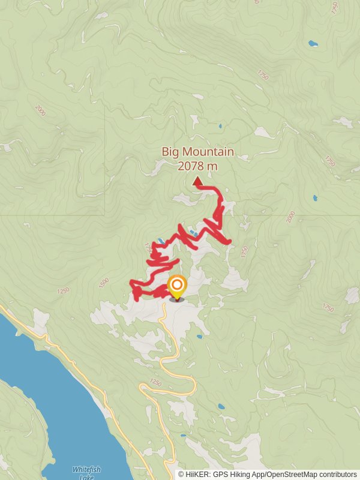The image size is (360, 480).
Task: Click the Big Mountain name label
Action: tap(197, 152)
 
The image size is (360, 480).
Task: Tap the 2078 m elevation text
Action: tap(197, 166)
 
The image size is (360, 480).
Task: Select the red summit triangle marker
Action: tap(197, 181)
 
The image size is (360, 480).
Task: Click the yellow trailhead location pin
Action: tap(177, 287)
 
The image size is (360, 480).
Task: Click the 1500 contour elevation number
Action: tap(104, 281)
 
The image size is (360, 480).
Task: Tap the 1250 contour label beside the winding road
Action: tap(155, 383)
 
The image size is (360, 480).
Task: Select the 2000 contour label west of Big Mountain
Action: tap(40, 110)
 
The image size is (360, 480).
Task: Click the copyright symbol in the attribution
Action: tap(181, 475)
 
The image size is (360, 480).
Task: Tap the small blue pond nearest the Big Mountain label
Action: tap(220, 127)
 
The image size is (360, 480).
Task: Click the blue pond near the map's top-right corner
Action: tap(312, 43)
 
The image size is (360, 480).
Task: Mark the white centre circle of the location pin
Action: tap(177, 284)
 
